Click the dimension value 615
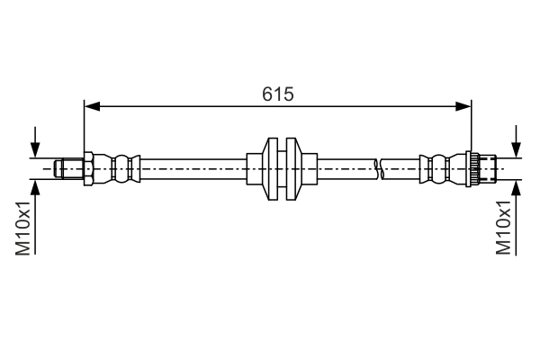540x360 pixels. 278,94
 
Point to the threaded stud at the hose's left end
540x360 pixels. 67,167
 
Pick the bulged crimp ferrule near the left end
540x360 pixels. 124,167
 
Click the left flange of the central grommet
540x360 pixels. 269,167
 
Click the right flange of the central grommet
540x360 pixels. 291,167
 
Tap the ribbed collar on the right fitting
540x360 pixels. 470,167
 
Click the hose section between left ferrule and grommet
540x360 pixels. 193,167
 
